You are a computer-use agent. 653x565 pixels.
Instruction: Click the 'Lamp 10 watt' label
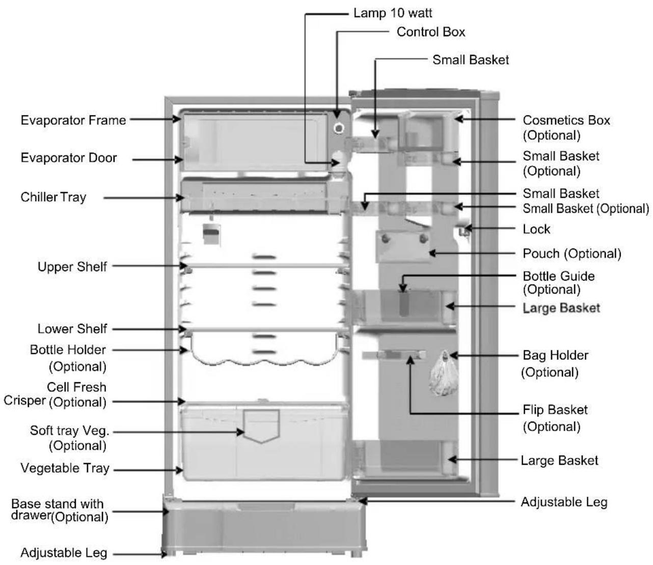pyautogui.click(x=392, y=13)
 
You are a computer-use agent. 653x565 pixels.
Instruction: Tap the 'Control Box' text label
pyautogui.click(x=430, y=32)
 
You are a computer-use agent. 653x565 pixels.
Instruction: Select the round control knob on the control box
pyautogui.click(x=339, y=128)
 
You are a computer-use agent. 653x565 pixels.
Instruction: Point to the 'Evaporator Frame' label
pyautogui.click(x=73, y=120)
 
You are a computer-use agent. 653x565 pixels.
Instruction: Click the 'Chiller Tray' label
pyautogui.click(x=53, y=197)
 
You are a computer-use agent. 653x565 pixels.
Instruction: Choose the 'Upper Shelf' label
pyautogui.click(x=72, y=267)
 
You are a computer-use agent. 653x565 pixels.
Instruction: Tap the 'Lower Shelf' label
pyautogui.click(x=72, y=329)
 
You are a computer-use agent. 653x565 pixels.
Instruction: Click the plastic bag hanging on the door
pyautogui.click(x=444, y=374)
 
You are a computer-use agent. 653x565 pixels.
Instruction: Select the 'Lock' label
pyautogui.click(x=536, y=229)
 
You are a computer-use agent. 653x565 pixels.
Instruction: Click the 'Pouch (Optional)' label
pyautogui.click(x=572, y=253)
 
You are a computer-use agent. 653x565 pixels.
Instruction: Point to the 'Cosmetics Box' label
pyautogui.click(x=566, y=120)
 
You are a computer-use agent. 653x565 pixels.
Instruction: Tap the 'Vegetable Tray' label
pyautogui.click(x=65, y=468)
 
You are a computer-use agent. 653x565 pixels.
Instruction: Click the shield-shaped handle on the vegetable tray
pyautogui.click(x=261, y=426)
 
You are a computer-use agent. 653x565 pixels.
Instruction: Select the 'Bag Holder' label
pyautogui.click(x=555, y=355)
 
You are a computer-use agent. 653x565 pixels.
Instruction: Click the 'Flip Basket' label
pyautogui.click(x=555, y=410)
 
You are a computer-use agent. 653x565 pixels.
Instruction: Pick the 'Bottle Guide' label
pyautogui.click(x=559, y=276)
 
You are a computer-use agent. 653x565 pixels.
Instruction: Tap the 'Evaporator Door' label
pyautogui.click(x=69, y=158)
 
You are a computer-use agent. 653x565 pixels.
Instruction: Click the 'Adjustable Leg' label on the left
pyautogui.click(x=64, y=553)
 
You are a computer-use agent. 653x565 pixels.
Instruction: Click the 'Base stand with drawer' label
pyautogui.click(x=60, y=511)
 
